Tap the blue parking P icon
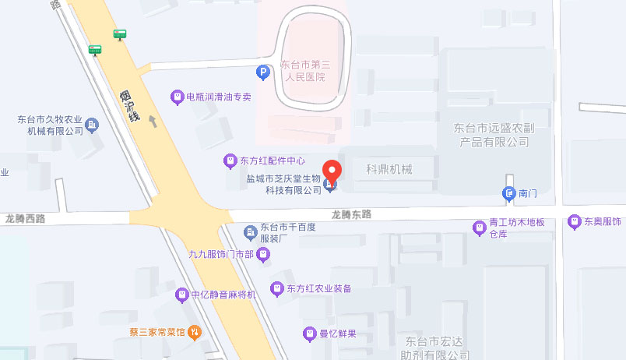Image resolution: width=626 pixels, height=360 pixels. click(263, 72)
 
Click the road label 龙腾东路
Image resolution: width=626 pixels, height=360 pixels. click(351, 214)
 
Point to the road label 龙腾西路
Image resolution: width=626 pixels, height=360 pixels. click(24, 219)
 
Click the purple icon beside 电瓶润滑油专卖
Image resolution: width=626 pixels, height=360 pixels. click(178, 97)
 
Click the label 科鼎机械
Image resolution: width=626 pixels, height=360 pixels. click(389, 169)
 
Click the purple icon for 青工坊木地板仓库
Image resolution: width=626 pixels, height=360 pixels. click(480, 228)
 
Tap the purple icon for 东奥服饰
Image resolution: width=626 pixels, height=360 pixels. click(575, 221)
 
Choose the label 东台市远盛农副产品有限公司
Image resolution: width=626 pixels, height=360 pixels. click(491, 134)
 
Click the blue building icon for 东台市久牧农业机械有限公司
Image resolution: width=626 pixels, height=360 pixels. click(93, 125)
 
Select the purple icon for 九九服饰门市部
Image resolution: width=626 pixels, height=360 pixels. click(265, 254)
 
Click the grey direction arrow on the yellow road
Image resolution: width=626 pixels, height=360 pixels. click(153, 121)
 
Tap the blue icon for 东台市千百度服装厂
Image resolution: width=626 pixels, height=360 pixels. click(250, 232)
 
